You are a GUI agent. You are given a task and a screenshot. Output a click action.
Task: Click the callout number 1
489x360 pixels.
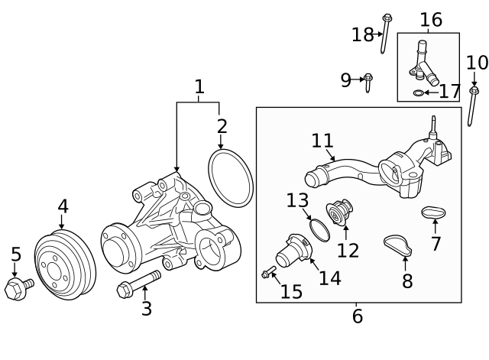(x=199, y=87)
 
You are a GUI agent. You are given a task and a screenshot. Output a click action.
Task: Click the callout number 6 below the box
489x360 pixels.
(x=357, y=316)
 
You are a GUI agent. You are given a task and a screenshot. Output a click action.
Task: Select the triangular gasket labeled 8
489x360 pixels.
(x=397, y=245)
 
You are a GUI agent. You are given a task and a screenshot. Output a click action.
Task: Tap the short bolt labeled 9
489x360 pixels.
(x=368, y=81)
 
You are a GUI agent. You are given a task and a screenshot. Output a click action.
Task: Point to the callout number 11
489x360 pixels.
(x=322, y=141)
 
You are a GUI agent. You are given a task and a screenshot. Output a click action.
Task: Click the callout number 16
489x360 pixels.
(x=431, y=20)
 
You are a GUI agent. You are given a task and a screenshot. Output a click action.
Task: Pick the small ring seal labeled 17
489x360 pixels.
(x=418, y=93)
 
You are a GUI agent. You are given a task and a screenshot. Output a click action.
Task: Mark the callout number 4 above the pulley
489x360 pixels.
(x=63, y=206)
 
